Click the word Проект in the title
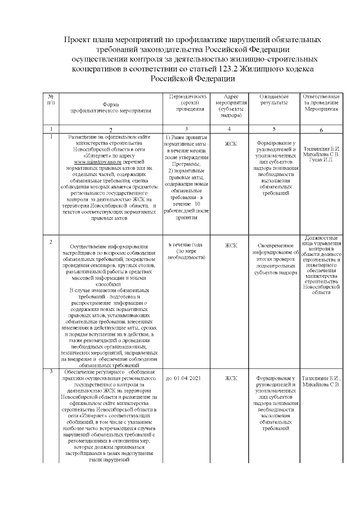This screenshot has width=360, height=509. [78, 40]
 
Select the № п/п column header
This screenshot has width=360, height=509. [51, 100]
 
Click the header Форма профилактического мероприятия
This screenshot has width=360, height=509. [110, 109]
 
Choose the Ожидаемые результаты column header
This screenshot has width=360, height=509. [274, 100]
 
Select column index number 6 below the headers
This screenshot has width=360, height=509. [321, 130]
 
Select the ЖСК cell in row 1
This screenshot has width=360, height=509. [231, 143]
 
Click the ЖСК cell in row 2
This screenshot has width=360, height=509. [231, 245]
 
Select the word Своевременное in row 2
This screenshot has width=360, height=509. [274, 246]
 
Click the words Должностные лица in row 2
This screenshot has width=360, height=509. [321, 241]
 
